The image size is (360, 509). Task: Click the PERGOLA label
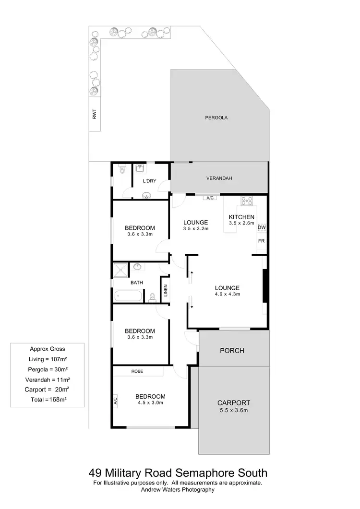click(216, 117)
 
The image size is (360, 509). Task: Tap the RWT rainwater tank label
click(95, 115)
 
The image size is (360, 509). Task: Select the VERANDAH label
click(219, 178)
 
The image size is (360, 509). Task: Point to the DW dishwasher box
click(262, 227)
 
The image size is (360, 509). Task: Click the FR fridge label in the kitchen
click(262, 241)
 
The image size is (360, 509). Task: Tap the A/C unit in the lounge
click(210, 198)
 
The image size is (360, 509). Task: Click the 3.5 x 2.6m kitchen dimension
click(241, 224)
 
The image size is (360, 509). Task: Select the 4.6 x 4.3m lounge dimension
click(227, 294)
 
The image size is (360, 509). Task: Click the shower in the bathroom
click(120, 270)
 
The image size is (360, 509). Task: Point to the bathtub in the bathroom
click(128, 295)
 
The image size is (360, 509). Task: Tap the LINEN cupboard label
click(165, 290)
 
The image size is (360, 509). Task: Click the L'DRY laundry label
click(150, 181)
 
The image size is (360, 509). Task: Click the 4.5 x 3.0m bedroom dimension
click(150, 403)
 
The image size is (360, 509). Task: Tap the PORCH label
click(232, 351)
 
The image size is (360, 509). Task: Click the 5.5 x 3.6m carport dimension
click(233, 410)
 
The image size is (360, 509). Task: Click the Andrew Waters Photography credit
click(178, 490)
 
